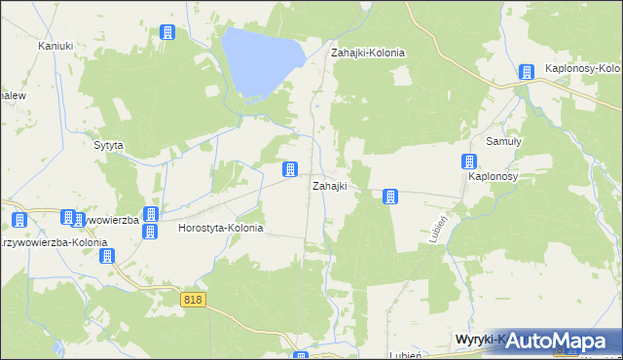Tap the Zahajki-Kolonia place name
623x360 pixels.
point(368,53)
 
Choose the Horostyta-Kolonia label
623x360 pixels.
point(221,228)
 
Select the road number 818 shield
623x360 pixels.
point(192,302)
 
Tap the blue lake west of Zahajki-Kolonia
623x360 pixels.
point(257,58)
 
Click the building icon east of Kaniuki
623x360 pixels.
point(166,32)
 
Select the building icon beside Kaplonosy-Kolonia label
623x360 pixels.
point(527,71)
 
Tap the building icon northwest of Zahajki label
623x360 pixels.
point(290,169)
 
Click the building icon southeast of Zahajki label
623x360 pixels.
point(390,197)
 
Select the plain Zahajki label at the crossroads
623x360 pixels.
point(329,185)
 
